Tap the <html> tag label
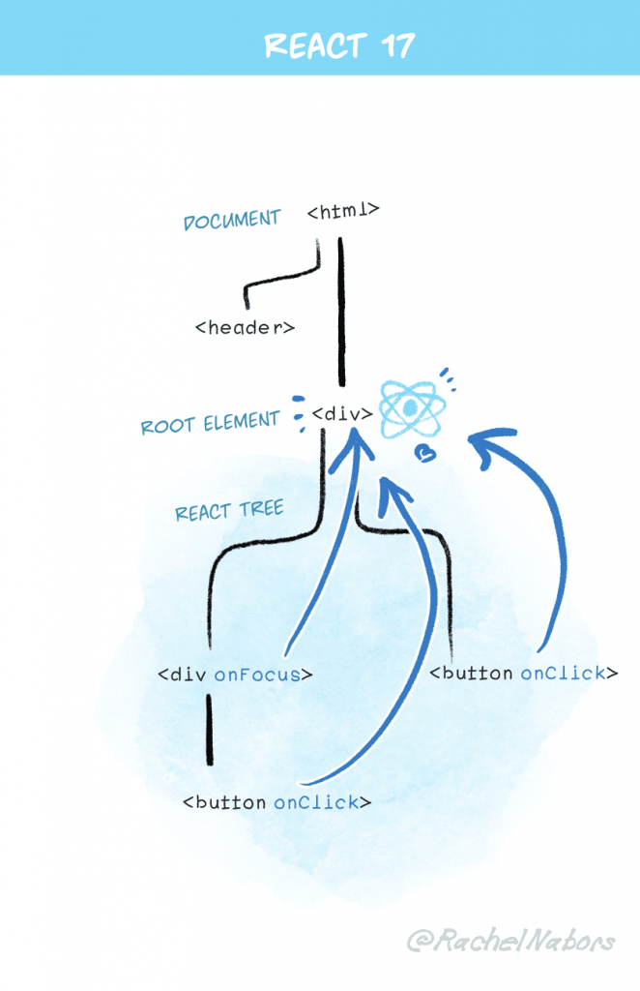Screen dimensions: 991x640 pos(342,210)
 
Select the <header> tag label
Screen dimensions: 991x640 pos(245,327)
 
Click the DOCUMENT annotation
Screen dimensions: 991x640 pos(232,220)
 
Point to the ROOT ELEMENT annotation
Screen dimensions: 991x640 pos(210,424)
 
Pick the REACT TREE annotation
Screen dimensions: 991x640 pos(229,510)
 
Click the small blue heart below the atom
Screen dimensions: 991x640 pos(422,452)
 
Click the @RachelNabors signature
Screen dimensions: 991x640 pos(509,940)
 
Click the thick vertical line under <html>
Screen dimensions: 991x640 pos(340,310)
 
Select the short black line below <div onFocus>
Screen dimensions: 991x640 pos(209,730)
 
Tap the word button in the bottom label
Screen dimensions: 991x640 pos(230,802)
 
